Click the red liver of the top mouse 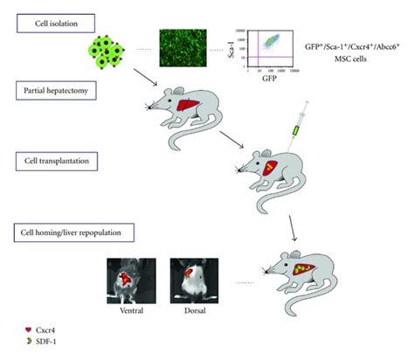186,106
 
